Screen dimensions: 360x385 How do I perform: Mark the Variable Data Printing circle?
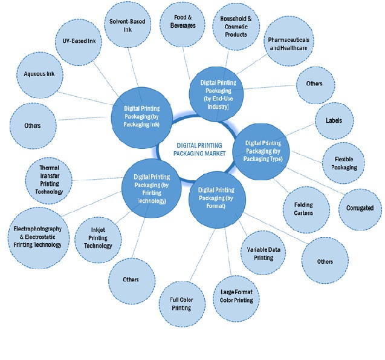point(260,253)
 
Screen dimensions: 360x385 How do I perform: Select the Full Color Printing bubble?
point(180,303)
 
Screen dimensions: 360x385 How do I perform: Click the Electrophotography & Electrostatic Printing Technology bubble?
point(37,237)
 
